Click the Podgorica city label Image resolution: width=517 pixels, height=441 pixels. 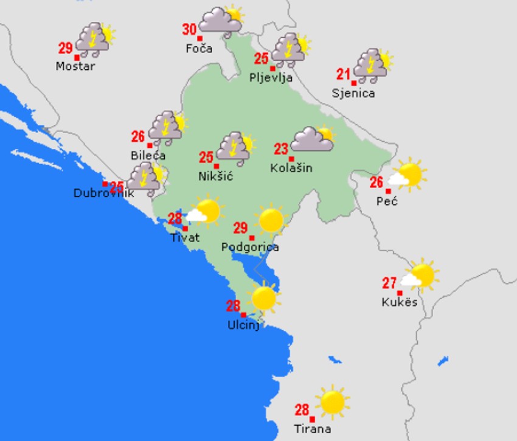coord(250,247)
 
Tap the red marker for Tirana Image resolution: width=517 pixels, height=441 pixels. coord(312,419)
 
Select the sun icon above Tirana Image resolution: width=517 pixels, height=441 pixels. coord(332,401)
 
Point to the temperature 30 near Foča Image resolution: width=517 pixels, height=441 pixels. coord(190,29)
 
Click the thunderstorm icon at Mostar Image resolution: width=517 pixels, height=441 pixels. coord(94,39)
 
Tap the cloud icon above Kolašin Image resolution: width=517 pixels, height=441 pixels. coord(313,139)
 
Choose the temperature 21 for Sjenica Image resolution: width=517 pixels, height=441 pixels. coord(344,74)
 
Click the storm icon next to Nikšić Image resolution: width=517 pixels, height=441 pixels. coord(235,148)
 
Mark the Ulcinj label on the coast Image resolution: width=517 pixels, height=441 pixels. coord(243,325)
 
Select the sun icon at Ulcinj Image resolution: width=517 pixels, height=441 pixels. coord(264,297)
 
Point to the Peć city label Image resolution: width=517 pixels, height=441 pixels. coord(387,201)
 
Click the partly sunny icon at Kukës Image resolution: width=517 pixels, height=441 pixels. coord(420,274)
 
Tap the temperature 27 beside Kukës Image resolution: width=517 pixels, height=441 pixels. coord(389,283)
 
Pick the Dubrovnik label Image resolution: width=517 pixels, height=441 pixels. coord(103,193)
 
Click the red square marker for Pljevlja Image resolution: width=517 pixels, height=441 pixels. coord(264,68)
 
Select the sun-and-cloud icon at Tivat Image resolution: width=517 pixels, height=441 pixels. coord(204,211)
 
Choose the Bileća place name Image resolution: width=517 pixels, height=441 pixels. coord(148,155)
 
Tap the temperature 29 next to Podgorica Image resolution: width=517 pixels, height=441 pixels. coord(240,228)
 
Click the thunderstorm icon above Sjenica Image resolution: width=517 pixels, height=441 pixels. coord(371,66)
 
